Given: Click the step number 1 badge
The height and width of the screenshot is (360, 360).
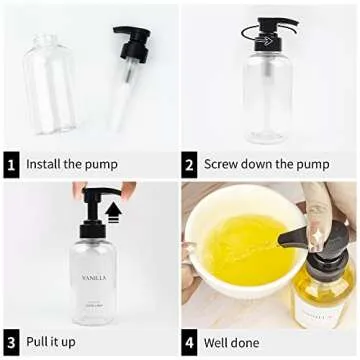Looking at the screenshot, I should pyautogui.click(x=11, y=164).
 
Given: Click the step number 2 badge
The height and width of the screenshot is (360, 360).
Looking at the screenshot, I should pyautogui.click(x=189, y=164).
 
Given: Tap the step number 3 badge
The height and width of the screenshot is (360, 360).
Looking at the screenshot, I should pyautogui.click(x=11, y=343).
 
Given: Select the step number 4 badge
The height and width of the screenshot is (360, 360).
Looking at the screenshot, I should pyautogui.click(x=189, y=343).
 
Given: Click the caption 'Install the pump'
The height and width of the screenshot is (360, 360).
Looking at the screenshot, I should pyautogui.click(x=71, y=164).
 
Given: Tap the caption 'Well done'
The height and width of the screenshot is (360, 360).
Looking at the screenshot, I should pyautogui.click(x=233, y=343).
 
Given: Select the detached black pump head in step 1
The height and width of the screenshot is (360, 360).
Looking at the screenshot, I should pyautogui.click(x=129, y=45).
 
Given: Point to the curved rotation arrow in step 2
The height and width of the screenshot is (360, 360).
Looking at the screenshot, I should pyautogui.click(x=250, y=35).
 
